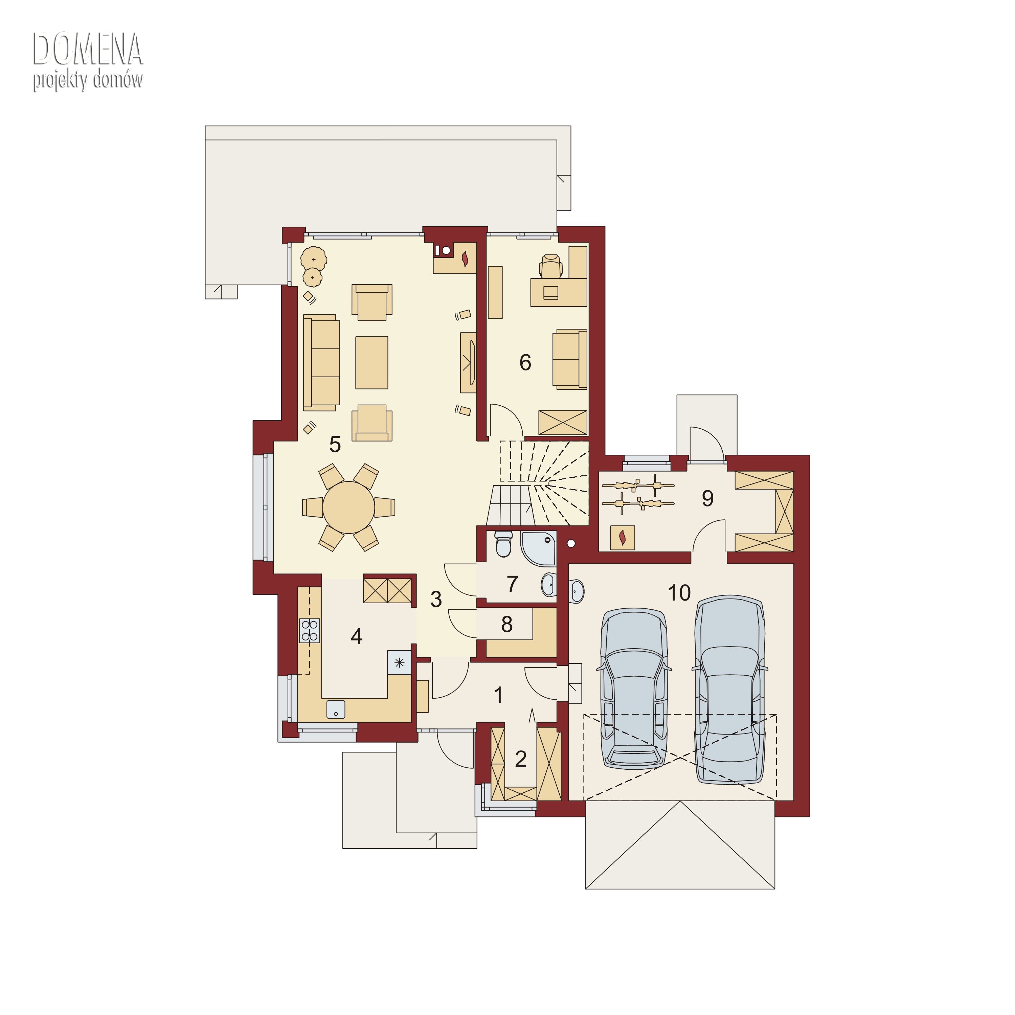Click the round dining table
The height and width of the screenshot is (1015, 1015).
click(x=348, y=507)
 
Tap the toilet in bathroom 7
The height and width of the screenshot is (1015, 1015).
click(x=503, y=544)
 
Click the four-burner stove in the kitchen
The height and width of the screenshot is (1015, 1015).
click(x=310, y=630)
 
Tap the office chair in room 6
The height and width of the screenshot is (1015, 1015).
click(x=550, y=266)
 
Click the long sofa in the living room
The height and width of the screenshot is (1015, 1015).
click(x=321, y=362)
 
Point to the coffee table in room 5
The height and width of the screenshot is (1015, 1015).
click(x=371, y=362)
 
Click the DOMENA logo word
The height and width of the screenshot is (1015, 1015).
click(x=88, y=49)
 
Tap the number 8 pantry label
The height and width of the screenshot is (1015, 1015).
click(x=506, y=624)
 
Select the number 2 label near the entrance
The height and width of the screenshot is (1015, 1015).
click(x=521, y=759)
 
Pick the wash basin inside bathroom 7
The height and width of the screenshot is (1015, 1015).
click(x=548, y=584)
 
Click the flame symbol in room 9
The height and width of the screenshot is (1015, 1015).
click(x=623, y=538)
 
